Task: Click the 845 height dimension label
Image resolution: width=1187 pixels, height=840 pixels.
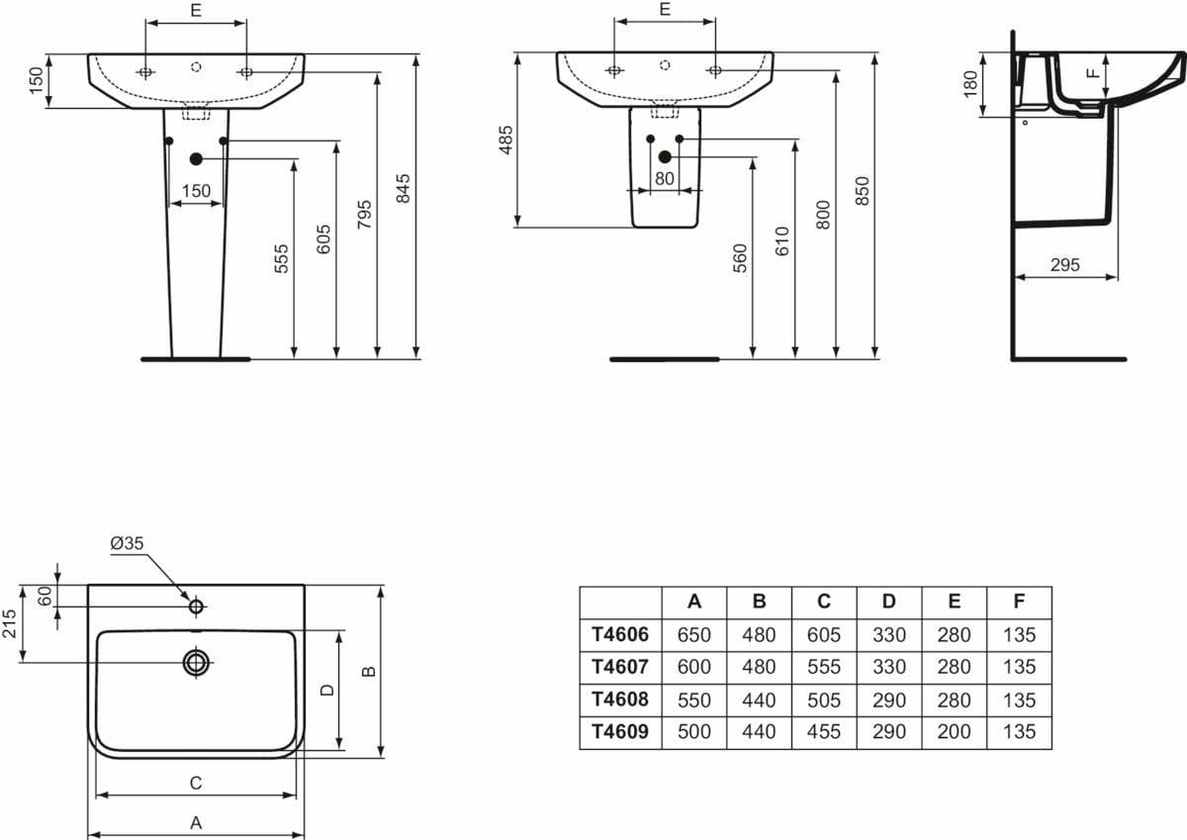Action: [404, 188]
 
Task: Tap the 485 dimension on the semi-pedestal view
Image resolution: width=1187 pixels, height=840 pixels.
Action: [506, 140]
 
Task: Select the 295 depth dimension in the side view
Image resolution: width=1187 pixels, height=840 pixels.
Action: [1064, 264]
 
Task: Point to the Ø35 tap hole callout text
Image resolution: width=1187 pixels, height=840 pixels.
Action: [128, 543]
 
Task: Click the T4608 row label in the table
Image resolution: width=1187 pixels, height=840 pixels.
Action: [620, 700]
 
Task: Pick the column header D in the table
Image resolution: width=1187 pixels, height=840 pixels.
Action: [888, 601]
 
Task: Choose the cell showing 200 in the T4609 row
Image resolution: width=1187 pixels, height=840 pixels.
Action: [954, 731]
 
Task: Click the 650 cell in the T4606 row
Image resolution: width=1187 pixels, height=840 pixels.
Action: [693, 634]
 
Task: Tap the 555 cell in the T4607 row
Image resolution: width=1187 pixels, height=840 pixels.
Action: [823, 667]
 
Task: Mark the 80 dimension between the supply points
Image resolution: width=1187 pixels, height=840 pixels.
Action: [665, 179]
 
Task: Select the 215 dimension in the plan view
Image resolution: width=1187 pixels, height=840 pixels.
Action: [10, 623]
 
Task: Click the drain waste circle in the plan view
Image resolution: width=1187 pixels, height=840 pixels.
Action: [196, 663]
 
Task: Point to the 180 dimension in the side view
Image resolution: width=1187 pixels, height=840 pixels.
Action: [970, 84]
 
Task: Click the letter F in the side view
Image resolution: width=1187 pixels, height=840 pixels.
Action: [1093, 73]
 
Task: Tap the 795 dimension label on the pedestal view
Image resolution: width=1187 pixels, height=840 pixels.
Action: [364, 214]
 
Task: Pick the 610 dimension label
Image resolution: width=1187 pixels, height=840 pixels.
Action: [782, 241]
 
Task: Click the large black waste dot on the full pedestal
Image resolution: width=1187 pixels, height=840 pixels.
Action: [196, 158]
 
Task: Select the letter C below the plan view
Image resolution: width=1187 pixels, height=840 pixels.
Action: [196, 783]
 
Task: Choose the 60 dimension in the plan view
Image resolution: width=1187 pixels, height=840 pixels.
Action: [46, 596]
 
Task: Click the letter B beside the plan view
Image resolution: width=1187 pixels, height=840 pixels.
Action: [369, 672]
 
